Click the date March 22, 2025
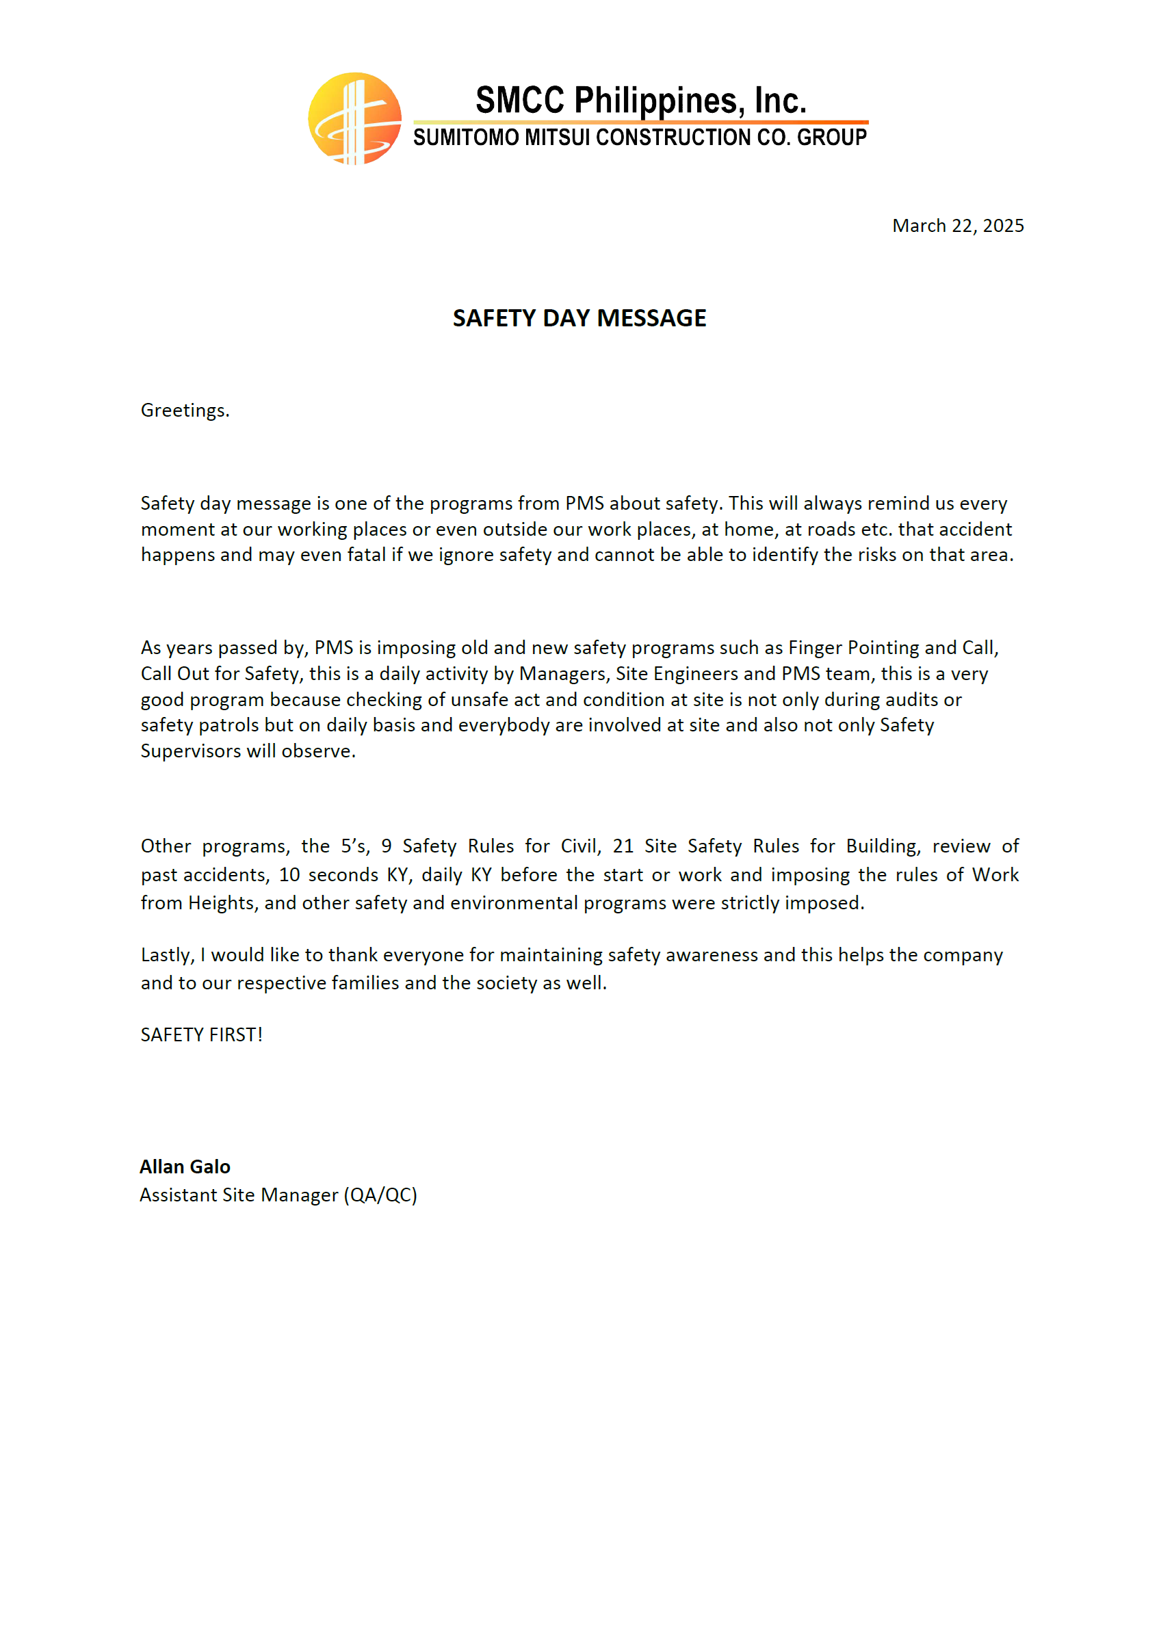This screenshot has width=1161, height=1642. click(957, 226)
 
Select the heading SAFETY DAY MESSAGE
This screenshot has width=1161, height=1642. click(579, 318)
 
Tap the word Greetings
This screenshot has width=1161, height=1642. click(185, 410)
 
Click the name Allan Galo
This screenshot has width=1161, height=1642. click(185, 1167)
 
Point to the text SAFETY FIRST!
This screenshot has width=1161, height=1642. click(202, 1035)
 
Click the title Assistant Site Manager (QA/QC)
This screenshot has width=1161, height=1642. click(278, 1195)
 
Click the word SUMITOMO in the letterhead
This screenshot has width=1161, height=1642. click(467, 138)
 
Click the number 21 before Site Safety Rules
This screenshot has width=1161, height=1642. click(623, 846)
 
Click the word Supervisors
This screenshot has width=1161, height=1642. click(190, 751)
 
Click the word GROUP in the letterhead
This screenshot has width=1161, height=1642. click(831, 138)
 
